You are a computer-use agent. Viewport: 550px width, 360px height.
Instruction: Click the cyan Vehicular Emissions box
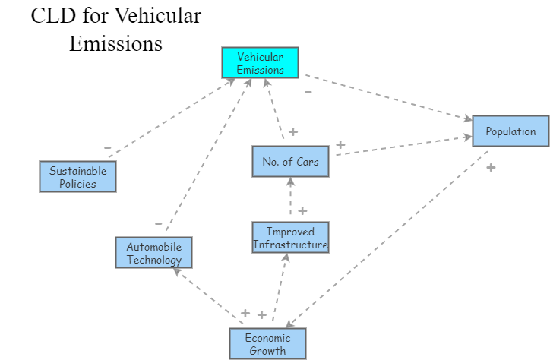coord(260,62)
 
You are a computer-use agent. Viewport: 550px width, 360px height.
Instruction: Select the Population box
coord(510,131)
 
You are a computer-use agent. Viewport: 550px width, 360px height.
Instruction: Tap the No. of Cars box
coord(290,161)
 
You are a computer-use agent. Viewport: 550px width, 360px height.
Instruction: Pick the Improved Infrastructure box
coord(290,237)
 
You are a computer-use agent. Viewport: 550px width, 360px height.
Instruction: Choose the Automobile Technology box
coord(154,253)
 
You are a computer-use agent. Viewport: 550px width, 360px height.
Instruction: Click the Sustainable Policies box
coord(77,177)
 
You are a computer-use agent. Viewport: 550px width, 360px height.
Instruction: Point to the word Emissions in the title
coord(115,43)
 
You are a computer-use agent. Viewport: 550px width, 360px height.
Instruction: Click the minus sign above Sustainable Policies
coord(107,147)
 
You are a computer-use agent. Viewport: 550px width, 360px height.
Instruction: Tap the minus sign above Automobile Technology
coord(159,223)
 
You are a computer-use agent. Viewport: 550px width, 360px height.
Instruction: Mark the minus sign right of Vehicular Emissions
coord(308,92)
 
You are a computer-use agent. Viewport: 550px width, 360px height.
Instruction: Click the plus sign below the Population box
coord(491,167)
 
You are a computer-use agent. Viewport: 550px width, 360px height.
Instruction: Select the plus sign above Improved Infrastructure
coord(302,210)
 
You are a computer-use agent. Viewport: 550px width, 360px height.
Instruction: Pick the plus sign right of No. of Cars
coord(340,144)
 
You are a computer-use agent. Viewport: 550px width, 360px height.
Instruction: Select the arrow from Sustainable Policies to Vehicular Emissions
coord(171,118)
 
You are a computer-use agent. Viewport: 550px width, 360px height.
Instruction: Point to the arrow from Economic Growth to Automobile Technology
coord(205,296)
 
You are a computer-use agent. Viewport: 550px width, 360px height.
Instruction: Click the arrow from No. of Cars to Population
coord(403,146)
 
